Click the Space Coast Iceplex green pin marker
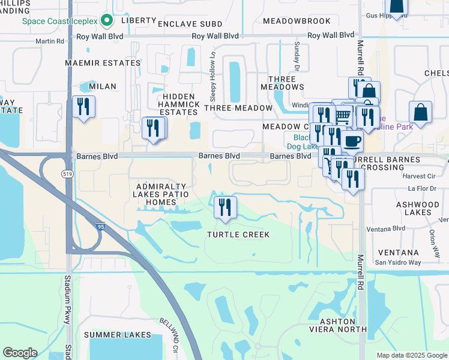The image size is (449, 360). click(107, 21)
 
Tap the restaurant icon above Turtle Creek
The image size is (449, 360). click(225, 208)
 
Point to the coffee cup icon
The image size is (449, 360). click(352, 142)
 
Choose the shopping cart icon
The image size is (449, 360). click(342, 114)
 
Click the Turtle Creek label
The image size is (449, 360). click(238, 234)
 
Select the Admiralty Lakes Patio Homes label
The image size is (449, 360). click(163, 195)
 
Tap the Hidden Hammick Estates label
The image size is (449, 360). click(179, 104)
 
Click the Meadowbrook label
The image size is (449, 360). click(297, 21)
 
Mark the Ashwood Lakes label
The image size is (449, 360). click(418, 208)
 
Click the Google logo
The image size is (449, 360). click(20, 353)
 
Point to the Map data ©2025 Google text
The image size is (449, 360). click(411, 355)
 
